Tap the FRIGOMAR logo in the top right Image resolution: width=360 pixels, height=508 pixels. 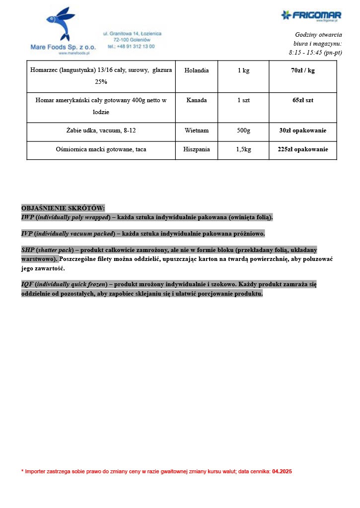(311, 15)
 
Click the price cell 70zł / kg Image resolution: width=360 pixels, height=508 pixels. (302, 70)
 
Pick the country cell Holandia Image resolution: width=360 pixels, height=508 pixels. (196, 70)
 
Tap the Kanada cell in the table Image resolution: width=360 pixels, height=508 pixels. (196, 100)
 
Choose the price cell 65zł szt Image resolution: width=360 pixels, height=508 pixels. (302, 100)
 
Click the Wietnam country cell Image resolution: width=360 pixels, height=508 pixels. (196, 131)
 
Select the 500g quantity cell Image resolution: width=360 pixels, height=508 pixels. (243, 131)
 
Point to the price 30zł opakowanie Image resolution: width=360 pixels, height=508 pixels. (302, 131)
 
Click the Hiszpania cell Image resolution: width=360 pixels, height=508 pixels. (196, 149)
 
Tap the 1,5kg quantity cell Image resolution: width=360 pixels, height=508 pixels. (243, 149)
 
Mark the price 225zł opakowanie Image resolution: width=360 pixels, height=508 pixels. (302, 149)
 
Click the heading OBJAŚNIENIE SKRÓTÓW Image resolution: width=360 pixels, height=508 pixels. (63, 208)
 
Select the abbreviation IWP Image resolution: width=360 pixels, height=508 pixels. (27, 217)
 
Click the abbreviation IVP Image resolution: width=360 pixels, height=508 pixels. (27, 234)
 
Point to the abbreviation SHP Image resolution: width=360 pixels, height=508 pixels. (28, 250)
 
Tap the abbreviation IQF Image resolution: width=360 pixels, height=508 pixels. (27, 285)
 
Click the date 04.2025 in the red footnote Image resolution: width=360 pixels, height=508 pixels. (282, 471)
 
